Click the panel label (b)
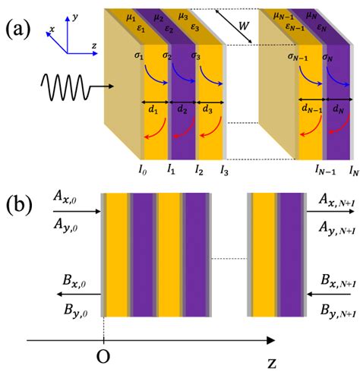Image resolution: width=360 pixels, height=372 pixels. coord(17,205)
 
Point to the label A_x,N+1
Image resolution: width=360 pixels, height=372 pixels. coord(335,200)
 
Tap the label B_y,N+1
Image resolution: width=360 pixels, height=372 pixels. coord(335,310)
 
